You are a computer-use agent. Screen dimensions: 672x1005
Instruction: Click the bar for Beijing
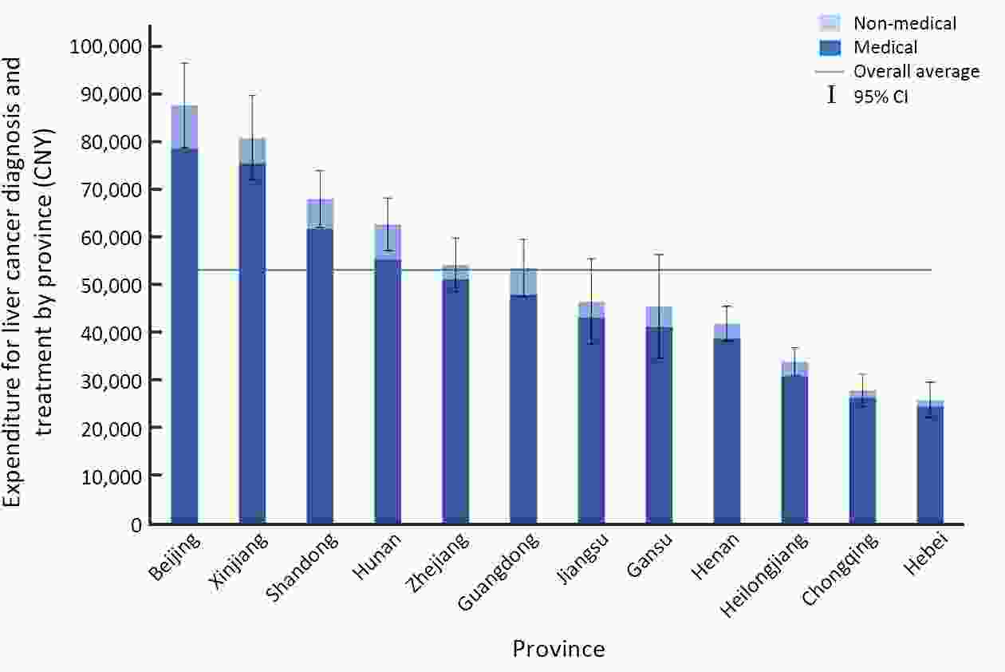tap(184, 335)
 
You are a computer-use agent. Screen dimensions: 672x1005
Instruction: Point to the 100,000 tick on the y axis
tap(106, 46)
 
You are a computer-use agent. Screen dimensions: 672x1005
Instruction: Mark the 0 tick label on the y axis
tap(136, 524)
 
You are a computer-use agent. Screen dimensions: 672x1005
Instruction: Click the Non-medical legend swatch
tap(829, 23)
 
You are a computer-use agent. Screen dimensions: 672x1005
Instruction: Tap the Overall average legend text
tap(916, 72)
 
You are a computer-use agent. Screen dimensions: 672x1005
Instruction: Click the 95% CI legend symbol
tap(832, 96)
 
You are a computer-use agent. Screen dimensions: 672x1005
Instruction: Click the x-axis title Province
tap(558, 649)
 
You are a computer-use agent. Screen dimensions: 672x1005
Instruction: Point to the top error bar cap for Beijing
tap(184, 62)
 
